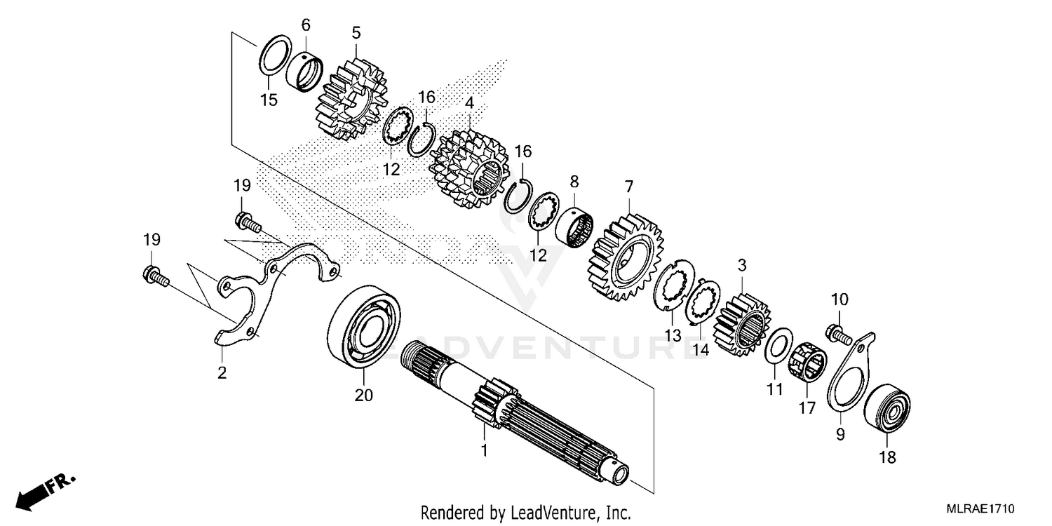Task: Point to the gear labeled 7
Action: [626, 257]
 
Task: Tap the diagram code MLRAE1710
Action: [981, 508]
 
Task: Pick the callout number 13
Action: [673, 336]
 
